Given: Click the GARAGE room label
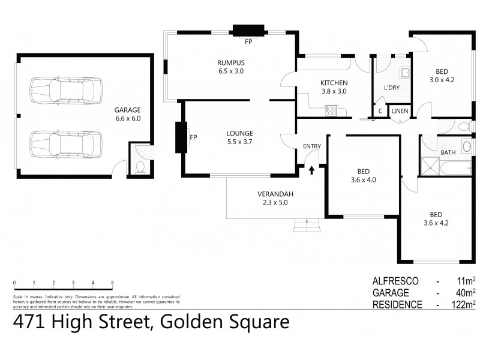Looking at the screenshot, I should pos(127,110).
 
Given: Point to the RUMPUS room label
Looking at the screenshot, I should pos(231,62).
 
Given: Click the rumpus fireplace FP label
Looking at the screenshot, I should pos(248,42).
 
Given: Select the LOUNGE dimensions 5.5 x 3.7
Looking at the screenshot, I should pos(239,142).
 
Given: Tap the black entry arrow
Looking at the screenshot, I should pos(311,171).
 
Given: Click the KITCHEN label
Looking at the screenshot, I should pos(334,83).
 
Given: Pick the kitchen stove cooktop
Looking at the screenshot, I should pos(331,110).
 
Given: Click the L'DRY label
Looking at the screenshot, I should pos(392,88).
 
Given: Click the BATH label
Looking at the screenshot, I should pos(448,152).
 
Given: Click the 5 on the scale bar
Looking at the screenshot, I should pos(112,282).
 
